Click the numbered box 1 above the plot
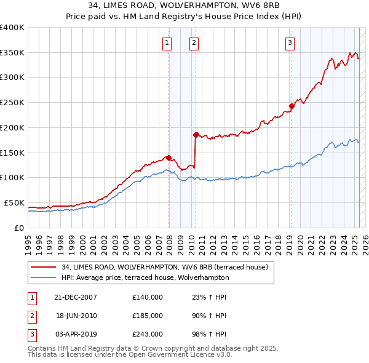coord(167,42)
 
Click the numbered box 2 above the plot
coord(194,42)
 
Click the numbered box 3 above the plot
coord(289,42)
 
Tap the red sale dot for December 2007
coord(169,157)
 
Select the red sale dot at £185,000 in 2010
coord(196,134)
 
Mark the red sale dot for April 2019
coord(292,105)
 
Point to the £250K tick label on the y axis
coord(12,103)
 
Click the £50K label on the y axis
coord(14,202)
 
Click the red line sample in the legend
coord(42,268)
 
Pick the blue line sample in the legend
coord(42,277)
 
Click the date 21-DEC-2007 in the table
coord(76,297)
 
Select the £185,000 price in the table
coord(148,315)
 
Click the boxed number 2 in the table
coord(30,316)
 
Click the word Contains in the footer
coord(42,348)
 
